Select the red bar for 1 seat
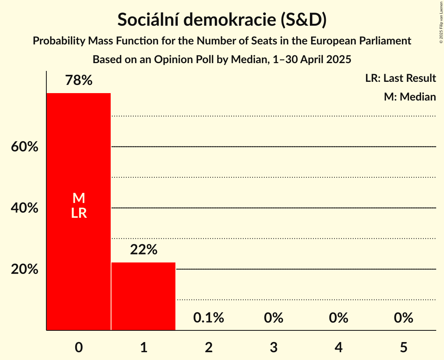click(x=143, y=296)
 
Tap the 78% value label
click(x=79, y=81)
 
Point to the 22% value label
click(x=143, y=250)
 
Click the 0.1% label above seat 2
click(x=209, y=318)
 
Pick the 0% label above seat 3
click(x=273, y=318)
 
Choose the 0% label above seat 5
click(x=403, y=318)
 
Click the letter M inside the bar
click(x=79, y=198)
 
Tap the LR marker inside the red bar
click(x=79, y=213)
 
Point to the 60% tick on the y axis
click(x=25, y=147)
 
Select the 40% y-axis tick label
click(x=25, y=208)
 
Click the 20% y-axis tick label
click(x=25, y=269)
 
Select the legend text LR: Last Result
click(x=400, y=78)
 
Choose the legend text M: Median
click(x=410, y=97)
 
